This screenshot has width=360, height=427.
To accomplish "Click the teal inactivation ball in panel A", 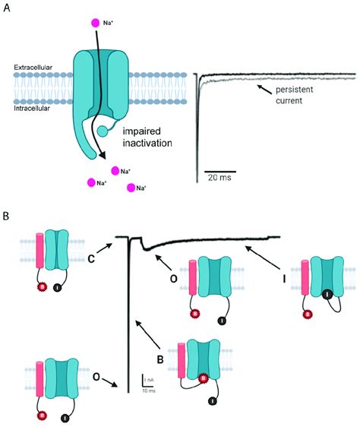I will (102, 131).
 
